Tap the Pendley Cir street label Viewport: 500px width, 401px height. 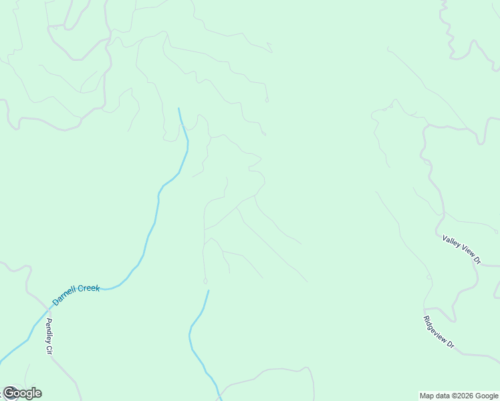pyautogui.click(x=49, y=337)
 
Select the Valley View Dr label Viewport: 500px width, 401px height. pyautogui.click(x=462, y=249)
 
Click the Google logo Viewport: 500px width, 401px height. pyautogui.click(x=22, y=393)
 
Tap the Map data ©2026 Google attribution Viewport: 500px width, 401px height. pyautogui.click(x=459, y=396)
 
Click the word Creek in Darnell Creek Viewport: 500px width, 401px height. pyautogui.click(x=89, y=289)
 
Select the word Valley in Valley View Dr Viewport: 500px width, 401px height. pyautogui.click(x=451, y=241)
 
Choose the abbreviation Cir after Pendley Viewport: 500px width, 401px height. pyautogui.click(x=49, y=350)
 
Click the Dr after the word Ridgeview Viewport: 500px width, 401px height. pyautogui.click(x=451, y=345)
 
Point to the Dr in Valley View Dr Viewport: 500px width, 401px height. pyautogui.click(x=477, y=260)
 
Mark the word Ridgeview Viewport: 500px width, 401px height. pyautogui.click(x=436, y=329)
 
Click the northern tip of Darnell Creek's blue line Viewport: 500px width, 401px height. pyautogui.click(x=178, y=108)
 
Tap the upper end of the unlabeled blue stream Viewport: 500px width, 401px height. pyautogui.click(x=208, y=291)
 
